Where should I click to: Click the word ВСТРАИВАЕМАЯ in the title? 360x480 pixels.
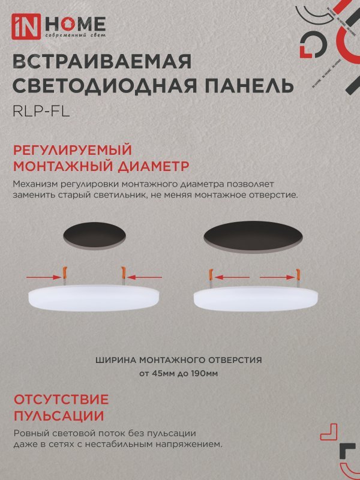102,62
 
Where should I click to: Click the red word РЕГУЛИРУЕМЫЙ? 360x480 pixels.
71,150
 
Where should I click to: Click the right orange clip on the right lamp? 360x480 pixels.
296,275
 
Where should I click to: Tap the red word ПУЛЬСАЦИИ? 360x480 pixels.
58,416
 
